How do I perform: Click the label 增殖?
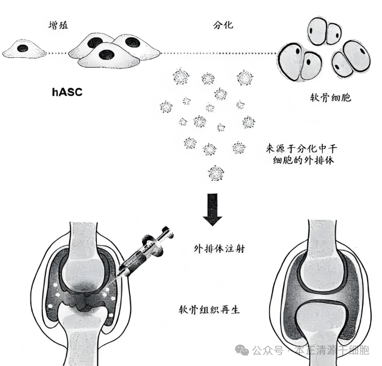55,24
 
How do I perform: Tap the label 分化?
222,24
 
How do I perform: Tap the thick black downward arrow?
212,209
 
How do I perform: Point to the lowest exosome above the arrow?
214,173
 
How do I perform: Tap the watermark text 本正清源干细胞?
332,351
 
